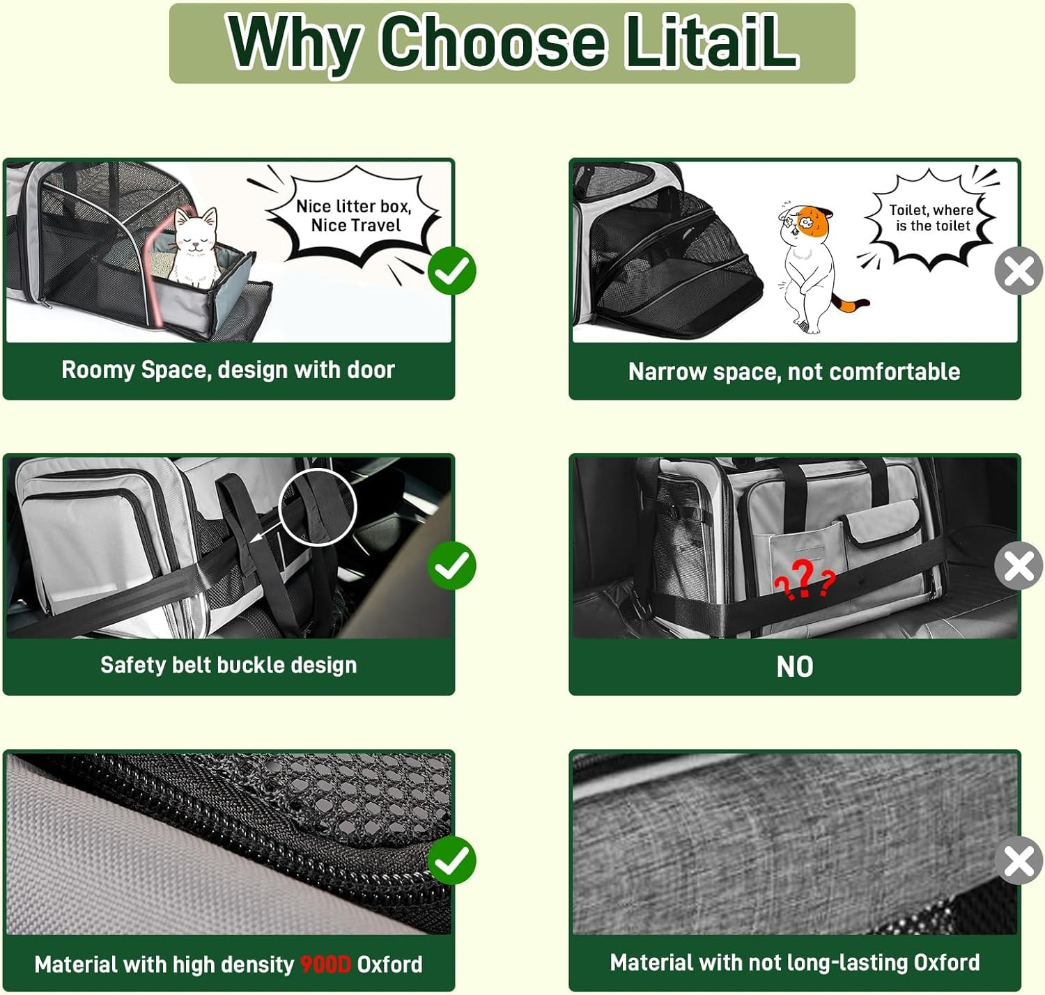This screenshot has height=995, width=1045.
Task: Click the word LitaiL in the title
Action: coord(711,42)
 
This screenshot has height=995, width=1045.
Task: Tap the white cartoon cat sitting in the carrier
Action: coord(196,247)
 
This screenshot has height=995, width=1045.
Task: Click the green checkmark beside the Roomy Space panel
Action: coord(452,270)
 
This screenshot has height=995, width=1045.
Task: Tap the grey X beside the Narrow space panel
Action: coord(1019,270)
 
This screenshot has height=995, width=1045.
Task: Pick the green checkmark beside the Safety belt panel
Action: coord(452,566)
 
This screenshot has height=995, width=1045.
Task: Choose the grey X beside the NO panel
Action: coord(1019,566)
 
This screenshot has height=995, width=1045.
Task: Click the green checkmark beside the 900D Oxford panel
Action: coord(452,861)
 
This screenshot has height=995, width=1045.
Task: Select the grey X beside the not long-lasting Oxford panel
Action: coord(1019,861)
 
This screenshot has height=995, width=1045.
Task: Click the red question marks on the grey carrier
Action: coord(804,579)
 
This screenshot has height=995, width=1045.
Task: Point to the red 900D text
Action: coord(325,964)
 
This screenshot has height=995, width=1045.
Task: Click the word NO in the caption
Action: coord(795,666)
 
